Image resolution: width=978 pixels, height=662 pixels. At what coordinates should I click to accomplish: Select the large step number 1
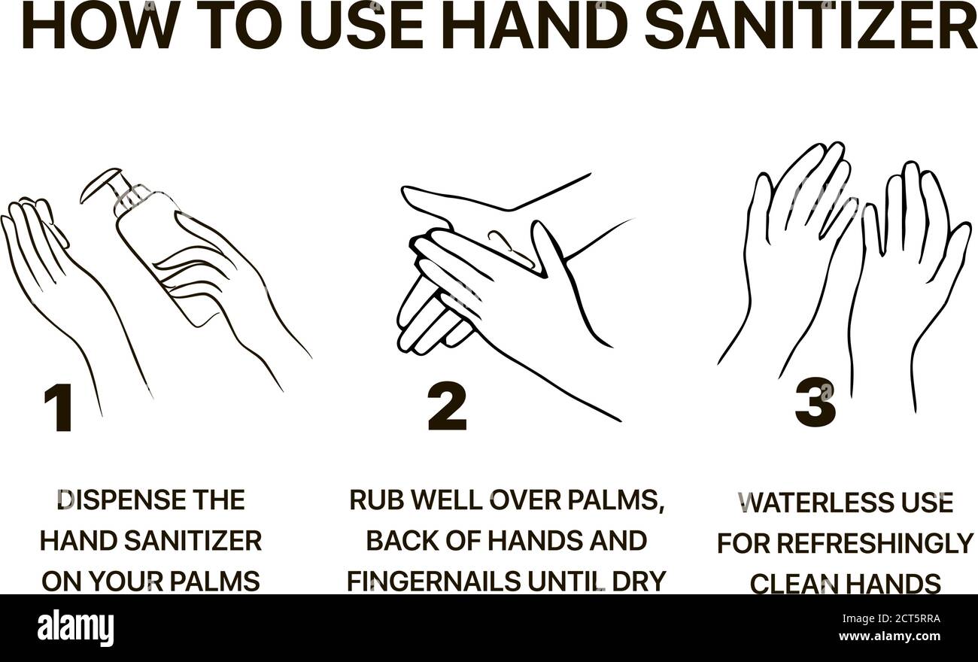58,408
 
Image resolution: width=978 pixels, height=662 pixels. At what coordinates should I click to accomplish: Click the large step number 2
447,406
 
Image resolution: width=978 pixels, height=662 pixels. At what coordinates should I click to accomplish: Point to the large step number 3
815,403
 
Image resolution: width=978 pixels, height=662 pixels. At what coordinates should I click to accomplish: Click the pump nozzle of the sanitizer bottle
101,182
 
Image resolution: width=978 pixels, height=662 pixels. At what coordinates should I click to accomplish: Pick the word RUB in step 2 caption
377,500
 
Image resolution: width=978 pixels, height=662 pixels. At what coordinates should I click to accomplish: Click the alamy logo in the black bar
75,628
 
